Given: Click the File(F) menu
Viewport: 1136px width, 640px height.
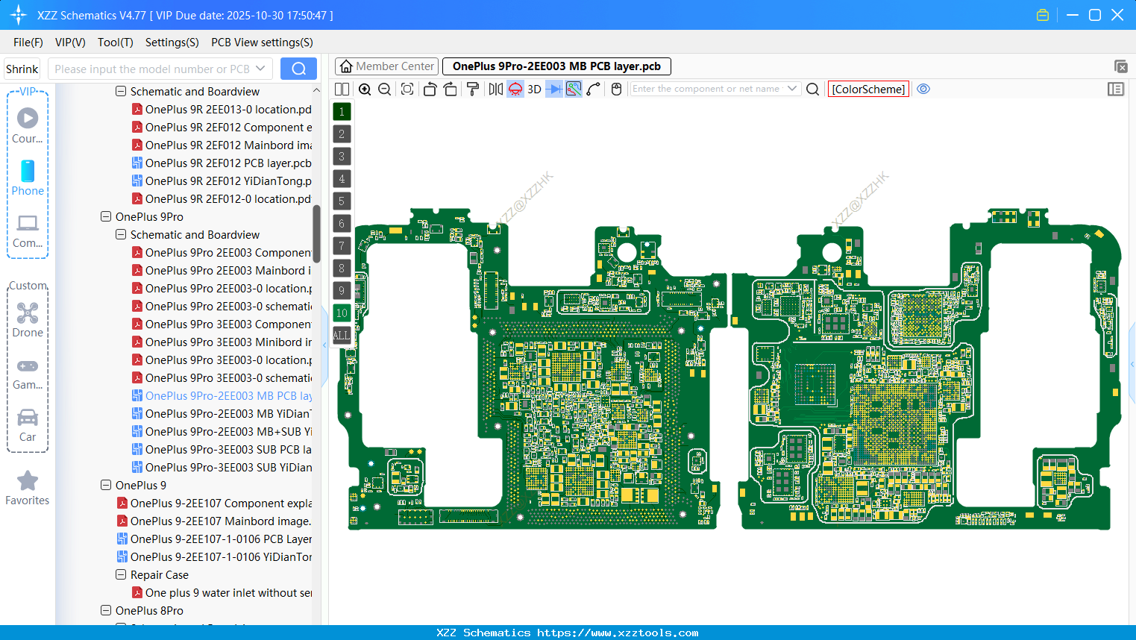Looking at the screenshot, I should (x=28, y=43).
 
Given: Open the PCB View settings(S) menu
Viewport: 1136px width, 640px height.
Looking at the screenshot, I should (x=262, y=43).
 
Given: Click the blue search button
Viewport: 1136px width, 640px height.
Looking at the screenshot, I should (x=298, y=69).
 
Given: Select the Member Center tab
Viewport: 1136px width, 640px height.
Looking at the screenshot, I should (x=386, y=66).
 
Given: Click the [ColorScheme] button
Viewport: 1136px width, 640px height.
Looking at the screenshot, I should (x=868, y=89).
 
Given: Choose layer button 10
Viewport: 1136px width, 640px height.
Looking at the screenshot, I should (x=342, y=313).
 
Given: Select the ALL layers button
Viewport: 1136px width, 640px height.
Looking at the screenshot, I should (x=342, y=336).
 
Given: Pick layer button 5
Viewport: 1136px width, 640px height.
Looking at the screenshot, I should (x=342, y=201).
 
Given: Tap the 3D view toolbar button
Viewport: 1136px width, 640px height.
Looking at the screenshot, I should (x=534, y=90).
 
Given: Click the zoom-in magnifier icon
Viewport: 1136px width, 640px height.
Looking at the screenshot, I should (x=365, y=90).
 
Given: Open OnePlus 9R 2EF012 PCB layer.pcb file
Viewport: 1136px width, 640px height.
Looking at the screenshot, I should (x=227, y=163).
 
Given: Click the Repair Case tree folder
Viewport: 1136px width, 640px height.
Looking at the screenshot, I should (x=159, y=575).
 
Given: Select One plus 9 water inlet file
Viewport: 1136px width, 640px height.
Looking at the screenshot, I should (x=227, y=593).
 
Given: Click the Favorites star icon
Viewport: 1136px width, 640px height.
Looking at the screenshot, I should (x=28, y=481).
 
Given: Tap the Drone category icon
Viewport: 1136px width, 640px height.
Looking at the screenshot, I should (x=28, y=313).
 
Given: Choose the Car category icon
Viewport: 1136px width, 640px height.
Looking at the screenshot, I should (x=28, y=418).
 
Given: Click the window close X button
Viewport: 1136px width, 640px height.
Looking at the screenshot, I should (x=1117, y=15).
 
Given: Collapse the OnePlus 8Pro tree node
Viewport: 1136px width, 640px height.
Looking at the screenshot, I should (x=106, y=611).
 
